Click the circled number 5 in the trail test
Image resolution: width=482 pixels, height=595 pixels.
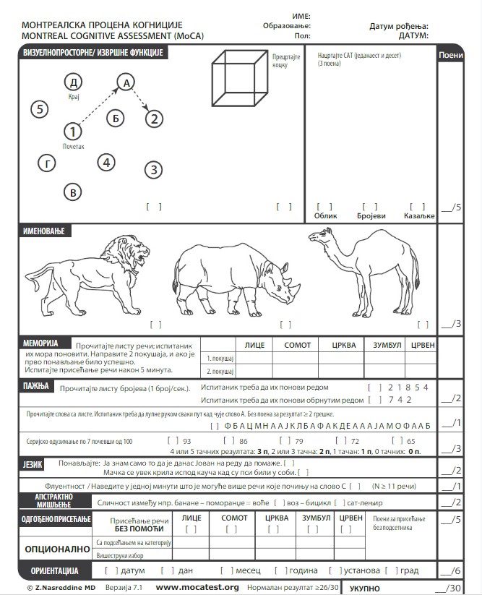41,109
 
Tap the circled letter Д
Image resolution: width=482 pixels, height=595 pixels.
73,82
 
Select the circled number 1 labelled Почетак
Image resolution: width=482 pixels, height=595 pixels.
73,132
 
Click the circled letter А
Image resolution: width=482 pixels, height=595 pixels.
126,83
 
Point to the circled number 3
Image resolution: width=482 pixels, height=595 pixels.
152,171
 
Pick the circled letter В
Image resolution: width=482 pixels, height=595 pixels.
72,192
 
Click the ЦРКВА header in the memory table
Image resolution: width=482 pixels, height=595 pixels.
344,346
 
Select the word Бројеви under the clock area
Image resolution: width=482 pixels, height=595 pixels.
371,215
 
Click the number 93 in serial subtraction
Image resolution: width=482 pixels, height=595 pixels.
186,440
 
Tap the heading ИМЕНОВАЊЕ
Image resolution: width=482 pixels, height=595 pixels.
45,231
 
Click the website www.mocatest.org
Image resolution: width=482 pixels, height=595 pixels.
197,587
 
